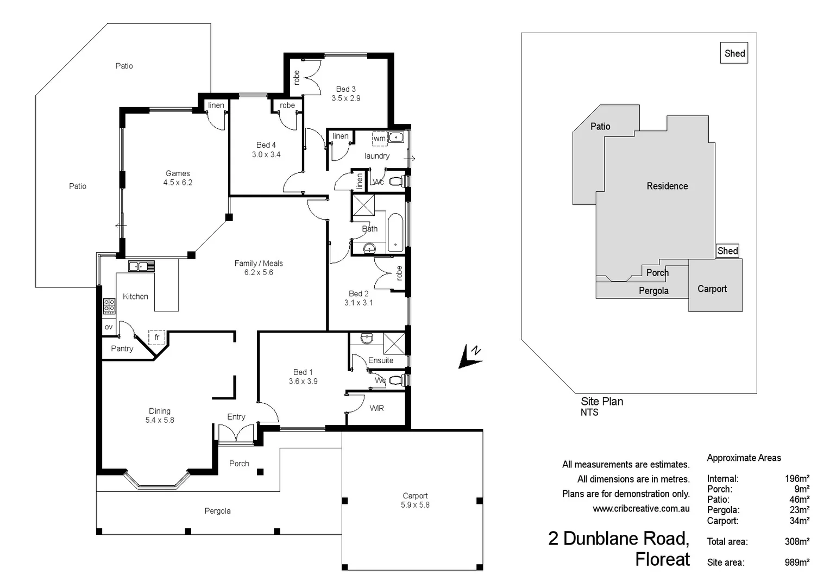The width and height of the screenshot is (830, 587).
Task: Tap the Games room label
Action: click(178, 173)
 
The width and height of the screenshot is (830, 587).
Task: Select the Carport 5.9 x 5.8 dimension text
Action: click(415, 505)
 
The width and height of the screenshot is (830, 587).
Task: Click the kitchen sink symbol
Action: click(141, 266)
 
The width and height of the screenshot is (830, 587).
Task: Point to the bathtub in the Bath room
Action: click(395, 233)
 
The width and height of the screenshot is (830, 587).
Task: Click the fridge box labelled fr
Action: click(157, 338)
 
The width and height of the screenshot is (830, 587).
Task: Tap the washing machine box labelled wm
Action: click(380, 139)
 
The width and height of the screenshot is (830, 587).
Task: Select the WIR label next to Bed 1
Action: click(376, 408)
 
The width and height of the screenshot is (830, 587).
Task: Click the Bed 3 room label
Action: click(345, 89)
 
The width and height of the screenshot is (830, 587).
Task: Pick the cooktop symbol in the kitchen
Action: click(109, 306)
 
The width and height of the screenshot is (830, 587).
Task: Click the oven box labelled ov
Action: click(109, 327)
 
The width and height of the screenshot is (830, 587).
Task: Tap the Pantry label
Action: click(122, 349)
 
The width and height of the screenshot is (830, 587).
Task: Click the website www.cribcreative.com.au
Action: click(641, 509)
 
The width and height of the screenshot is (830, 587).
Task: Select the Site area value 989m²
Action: click(797, 563)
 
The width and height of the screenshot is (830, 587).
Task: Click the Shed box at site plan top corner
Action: click(734, 53)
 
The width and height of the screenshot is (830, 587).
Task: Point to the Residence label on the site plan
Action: click(667, 186)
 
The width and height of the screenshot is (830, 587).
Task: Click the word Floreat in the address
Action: click(662, 559)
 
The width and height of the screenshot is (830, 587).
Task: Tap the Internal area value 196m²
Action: click(797, 479)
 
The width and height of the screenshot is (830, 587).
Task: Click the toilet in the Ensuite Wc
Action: click(397, 380)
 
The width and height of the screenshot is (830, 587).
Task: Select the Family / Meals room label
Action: click(259, 264)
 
